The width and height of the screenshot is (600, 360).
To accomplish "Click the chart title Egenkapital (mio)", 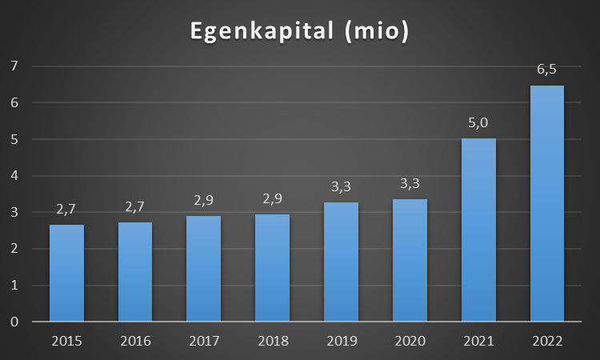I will (x=299, y=31).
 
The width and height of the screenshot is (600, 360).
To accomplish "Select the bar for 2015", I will (x=67, y=273).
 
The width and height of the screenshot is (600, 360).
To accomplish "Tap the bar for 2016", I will (x=135, y=272).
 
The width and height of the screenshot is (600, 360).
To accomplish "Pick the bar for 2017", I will (x=204, y=269).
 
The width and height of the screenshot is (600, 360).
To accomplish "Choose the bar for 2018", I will (x=273, y=268).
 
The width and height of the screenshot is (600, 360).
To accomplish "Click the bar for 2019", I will (x=342, y=262).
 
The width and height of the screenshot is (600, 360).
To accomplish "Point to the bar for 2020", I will (x=410, y=260).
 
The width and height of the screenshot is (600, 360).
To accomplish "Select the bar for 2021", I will (x=478, y=230).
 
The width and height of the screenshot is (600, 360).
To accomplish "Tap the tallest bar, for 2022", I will (x=547, y=203).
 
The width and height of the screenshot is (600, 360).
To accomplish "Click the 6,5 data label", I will (x=547, y=70).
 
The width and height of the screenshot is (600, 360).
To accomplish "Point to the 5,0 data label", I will (x=478, y=124).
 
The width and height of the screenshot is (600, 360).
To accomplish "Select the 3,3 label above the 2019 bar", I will (x=342, y=187).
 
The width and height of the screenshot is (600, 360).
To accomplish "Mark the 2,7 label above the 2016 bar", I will (x=135, y=207).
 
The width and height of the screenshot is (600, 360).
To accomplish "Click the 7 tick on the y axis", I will (x=14, y=66).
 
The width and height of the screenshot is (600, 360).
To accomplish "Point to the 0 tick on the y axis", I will (x=14, y=322).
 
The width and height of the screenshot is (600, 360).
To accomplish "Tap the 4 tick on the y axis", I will (x=14, y=175).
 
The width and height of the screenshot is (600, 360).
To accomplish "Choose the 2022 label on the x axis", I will (x=547, y=341).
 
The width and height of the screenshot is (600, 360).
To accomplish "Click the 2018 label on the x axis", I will (x=273, y=341).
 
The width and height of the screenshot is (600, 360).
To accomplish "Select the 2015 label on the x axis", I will (x=67, y=341).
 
